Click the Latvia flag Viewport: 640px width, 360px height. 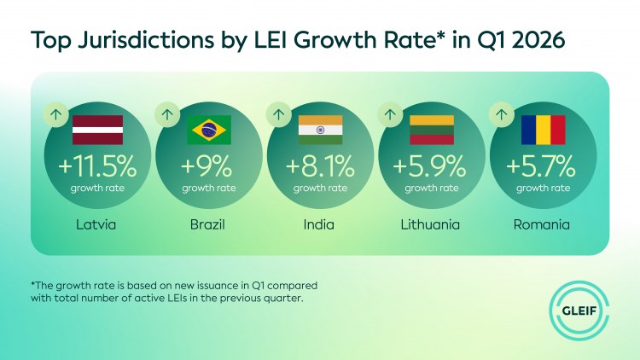click(97, 130)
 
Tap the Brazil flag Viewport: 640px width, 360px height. click(209, 130)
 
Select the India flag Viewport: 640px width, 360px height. click(320, 130)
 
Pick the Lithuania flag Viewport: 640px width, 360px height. click(432, 130)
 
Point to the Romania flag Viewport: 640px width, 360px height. click(544, 130)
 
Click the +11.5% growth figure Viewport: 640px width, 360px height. click(97, 166)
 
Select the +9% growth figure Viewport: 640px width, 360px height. click(207, 166)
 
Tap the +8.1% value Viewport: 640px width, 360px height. click(320, 166)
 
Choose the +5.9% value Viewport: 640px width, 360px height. click(429, 166)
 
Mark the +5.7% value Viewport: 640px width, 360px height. click(541, 166)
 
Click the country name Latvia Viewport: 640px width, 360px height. click(96, 224)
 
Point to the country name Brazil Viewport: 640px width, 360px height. click(207, 224)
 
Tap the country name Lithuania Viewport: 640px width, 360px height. click(430, 224)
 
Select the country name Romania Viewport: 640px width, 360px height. click(542, 224)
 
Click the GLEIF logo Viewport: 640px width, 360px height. click(579, 311)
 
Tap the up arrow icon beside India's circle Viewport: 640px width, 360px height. click(279, 114)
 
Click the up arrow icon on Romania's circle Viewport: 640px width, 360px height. click(502, 114)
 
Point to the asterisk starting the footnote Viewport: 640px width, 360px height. click(32, 283)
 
